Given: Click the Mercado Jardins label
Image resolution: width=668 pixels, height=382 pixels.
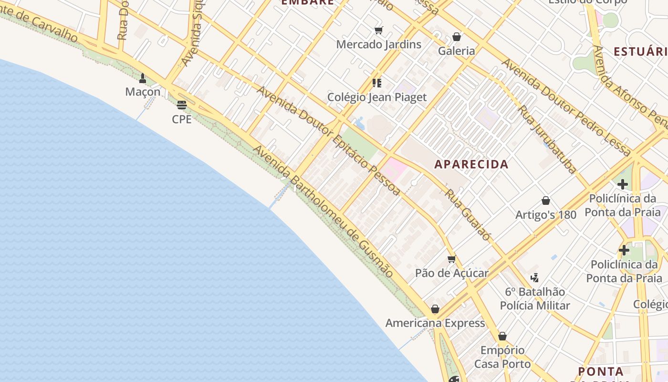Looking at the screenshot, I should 378,44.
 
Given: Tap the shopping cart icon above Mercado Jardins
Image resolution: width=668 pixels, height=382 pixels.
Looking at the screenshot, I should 379,31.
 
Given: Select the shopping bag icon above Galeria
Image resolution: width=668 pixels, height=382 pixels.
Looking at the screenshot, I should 457,37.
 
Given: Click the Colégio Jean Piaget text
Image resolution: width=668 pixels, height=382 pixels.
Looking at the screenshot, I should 376,97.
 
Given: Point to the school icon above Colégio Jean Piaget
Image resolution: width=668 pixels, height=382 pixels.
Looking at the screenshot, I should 377,83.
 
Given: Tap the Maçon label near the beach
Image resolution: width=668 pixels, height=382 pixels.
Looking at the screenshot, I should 143,91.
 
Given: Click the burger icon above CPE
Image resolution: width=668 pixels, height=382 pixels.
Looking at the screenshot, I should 181,105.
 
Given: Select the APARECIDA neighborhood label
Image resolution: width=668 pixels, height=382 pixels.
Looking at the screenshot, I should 471,164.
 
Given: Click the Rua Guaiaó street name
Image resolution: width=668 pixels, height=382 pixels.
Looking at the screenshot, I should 468,215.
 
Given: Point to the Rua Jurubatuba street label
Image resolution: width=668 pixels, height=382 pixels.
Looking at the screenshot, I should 548,139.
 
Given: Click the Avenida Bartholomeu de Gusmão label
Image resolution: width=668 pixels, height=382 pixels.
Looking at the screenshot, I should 323,212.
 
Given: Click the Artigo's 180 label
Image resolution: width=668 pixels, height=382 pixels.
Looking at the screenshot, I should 546,215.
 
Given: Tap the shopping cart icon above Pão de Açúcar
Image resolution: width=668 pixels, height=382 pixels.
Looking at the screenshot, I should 451,259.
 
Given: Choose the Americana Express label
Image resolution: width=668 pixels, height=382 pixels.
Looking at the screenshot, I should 435,323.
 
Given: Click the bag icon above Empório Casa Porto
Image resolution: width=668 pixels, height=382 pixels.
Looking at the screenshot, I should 502,337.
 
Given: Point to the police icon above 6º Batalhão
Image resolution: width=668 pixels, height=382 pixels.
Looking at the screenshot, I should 535,277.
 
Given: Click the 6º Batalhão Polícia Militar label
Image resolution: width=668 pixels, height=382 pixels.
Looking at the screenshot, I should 535,298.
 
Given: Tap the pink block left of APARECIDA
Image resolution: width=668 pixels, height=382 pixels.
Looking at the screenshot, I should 395,168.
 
